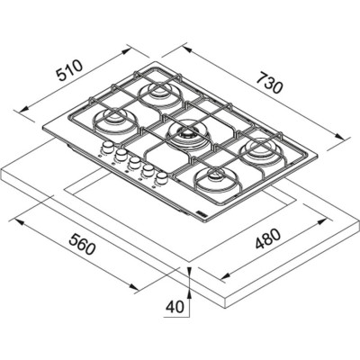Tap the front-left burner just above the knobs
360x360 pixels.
115,120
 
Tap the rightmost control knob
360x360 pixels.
162,178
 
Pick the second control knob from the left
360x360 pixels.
118,156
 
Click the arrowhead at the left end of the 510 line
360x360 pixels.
20,111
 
